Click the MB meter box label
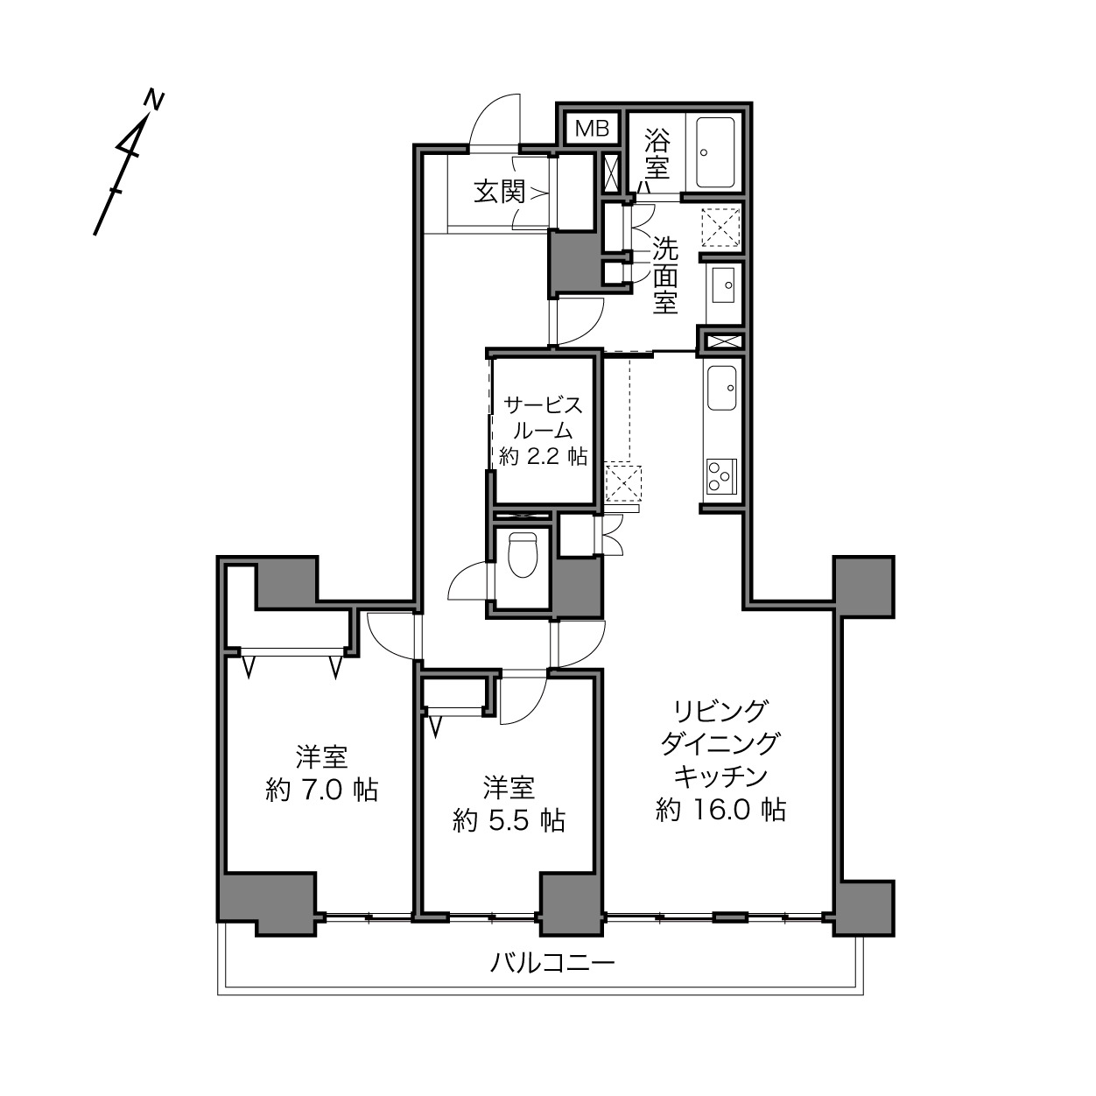tap(592, 129)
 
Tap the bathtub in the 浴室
tap(715, 151)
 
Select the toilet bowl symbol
tap(523, 554)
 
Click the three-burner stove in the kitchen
tap(721, 475)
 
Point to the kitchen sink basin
tap(721, 388)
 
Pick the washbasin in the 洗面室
tap(723, 285)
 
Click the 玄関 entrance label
tap(500, 193)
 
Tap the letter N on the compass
tap(153, 100)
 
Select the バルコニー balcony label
tap(553, 963)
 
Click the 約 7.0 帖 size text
tap(322, 790)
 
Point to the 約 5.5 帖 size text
tap(509, 821)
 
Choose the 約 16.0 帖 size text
tap(720, 810)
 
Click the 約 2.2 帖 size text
tap(543, 456)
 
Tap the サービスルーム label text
tap(543, 418)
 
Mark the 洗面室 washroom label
tap(665, 275)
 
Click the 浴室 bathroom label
tap(657, 153)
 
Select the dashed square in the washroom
tap(721, 228)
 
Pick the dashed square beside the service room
tap(622, 484)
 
